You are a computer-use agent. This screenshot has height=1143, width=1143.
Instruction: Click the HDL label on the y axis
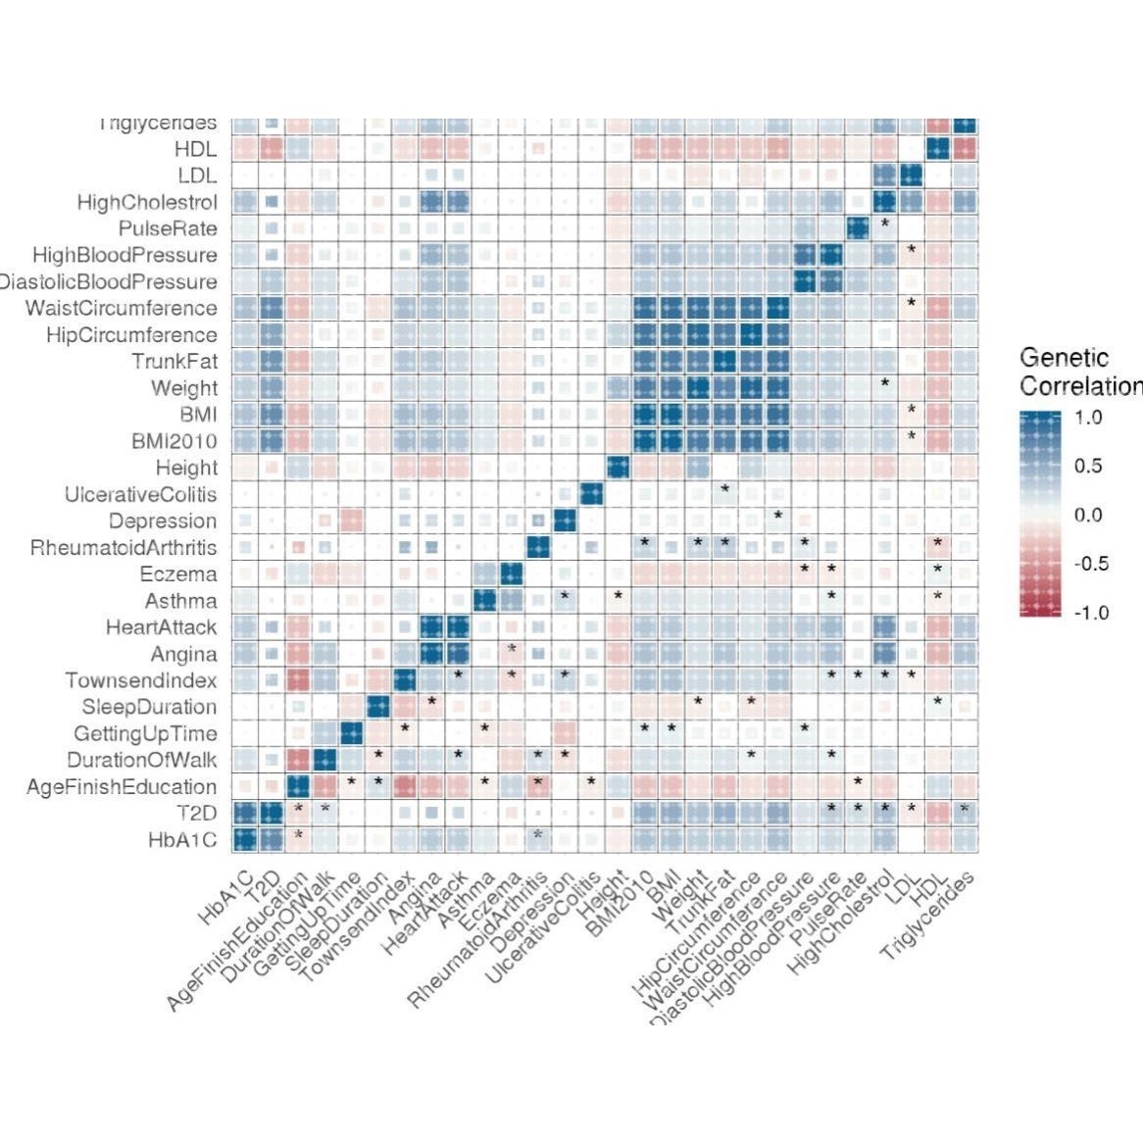pos(195,150)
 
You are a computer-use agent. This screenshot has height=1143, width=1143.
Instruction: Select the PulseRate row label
pos(168,229)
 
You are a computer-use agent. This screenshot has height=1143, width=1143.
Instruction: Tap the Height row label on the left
pos(186,468)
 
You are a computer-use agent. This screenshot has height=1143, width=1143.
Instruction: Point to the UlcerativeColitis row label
pos(140,494)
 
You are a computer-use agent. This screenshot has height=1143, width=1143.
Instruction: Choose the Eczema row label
pos(178,574)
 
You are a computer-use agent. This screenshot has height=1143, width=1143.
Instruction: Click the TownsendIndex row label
pos(141,680)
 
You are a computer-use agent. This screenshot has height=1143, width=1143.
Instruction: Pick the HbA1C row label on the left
pos(182,839)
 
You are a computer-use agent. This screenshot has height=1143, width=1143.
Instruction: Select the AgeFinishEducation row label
pos(122,786)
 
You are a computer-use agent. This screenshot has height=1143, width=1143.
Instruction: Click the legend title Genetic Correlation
pos(1078,372)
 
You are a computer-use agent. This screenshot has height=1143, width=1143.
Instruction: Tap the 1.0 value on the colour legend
pos(1088,417)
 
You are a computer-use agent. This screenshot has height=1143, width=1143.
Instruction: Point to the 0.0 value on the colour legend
pos(1088,515)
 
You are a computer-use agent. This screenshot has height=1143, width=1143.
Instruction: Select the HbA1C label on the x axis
pos(225,897)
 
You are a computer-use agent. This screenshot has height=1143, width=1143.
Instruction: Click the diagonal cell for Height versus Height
pos(618,468)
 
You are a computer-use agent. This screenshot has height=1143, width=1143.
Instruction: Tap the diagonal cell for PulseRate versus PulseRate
pos(858,229)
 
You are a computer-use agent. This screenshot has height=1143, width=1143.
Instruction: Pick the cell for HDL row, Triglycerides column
pos(964,150)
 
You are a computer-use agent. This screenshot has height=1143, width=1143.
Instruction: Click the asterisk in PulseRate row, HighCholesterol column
pos(884,224)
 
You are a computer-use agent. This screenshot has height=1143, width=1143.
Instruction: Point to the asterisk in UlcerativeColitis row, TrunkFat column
pos(724,488)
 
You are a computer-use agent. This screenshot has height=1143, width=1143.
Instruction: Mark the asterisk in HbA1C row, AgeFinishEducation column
pos(298,835)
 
